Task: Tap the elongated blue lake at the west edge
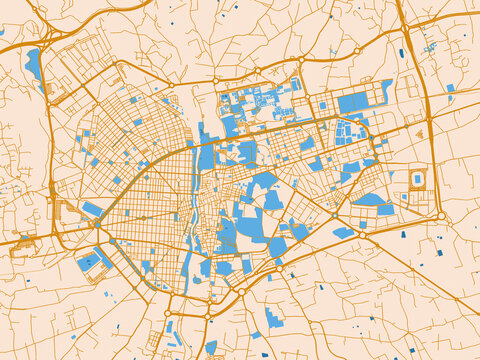(x=34, y=65)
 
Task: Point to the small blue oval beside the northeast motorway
(x=402, y=53)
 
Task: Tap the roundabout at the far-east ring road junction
(x=440, y=215)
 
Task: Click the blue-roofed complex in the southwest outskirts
(x=91, y=261)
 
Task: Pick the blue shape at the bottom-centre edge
(x=211, y=347)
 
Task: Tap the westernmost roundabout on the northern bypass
(x=214, y=79)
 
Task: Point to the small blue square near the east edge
(x=450, y=88)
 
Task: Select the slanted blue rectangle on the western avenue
(x=92, y=209)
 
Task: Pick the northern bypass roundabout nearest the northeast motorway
(x=357, y=51)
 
